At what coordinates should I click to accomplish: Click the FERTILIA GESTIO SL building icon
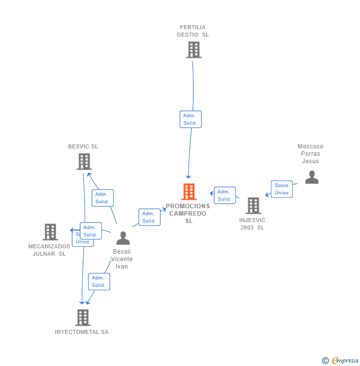(194, 50)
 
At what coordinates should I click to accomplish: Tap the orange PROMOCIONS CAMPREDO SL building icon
(189, 191)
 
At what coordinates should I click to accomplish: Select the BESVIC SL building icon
(84, 162)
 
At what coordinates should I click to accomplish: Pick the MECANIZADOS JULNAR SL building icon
(50, 232)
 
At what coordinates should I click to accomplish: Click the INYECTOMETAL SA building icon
(83, 318)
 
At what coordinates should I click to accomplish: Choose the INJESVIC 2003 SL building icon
(253, 206)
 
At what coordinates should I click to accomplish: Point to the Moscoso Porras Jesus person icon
(312, 177)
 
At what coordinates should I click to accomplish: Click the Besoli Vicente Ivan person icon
(123, 238)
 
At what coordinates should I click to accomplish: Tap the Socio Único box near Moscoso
(281, 189)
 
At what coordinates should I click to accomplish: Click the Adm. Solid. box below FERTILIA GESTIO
(190, 119)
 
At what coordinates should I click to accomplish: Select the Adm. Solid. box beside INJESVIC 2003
(225, 195)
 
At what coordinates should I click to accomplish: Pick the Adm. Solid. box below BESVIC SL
(102, 198)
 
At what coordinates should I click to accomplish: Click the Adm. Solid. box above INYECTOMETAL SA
(99, 281)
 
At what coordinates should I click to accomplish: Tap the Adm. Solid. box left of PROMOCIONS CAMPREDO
(149, 217)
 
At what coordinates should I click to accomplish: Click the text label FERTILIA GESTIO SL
(193, 31)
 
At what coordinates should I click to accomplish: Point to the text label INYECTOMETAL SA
(82, 332)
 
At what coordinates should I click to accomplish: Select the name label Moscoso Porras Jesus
(311, 154)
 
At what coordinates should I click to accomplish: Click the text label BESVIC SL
(83, 146)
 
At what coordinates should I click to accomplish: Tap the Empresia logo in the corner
(340, 361)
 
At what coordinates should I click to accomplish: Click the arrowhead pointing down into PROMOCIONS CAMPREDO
(188, 177)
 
